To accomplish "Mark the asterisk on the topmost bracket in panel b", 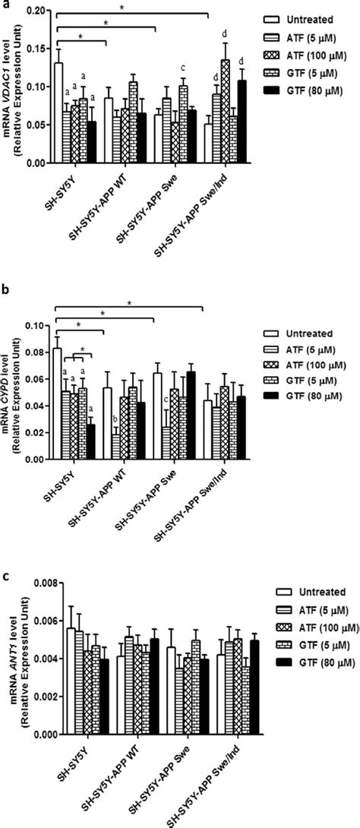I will pyautogui.click(x=129, y=303).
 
